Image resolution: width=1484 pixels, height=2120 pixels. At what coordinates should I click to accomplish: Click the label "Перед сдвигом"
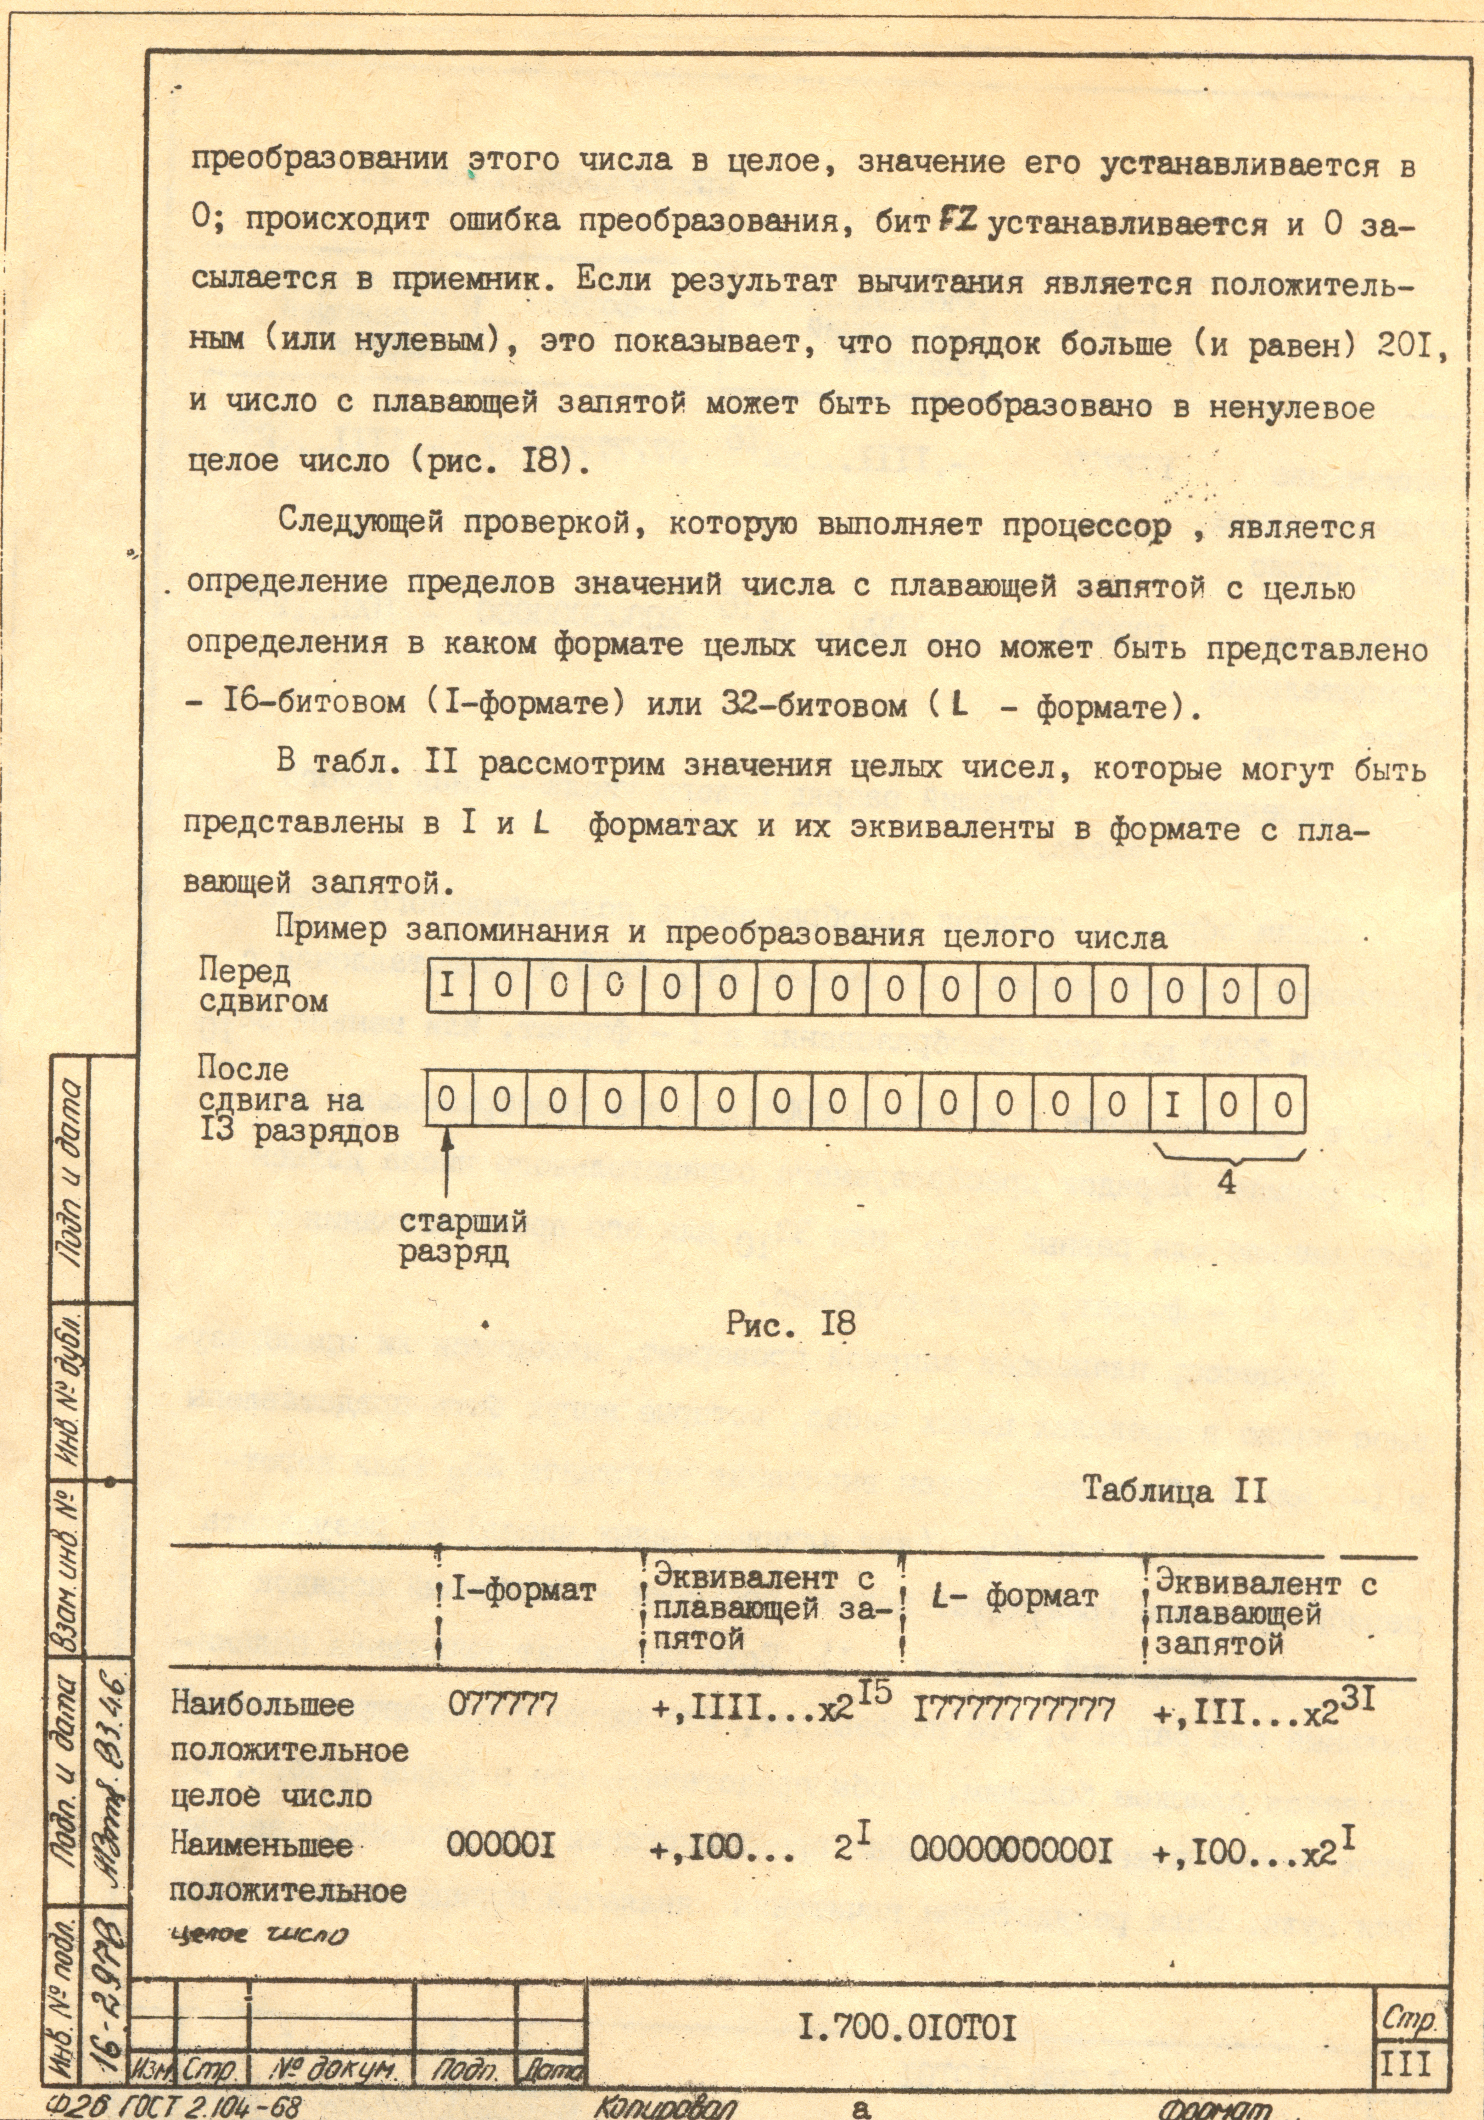click(x=263, y=986)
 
